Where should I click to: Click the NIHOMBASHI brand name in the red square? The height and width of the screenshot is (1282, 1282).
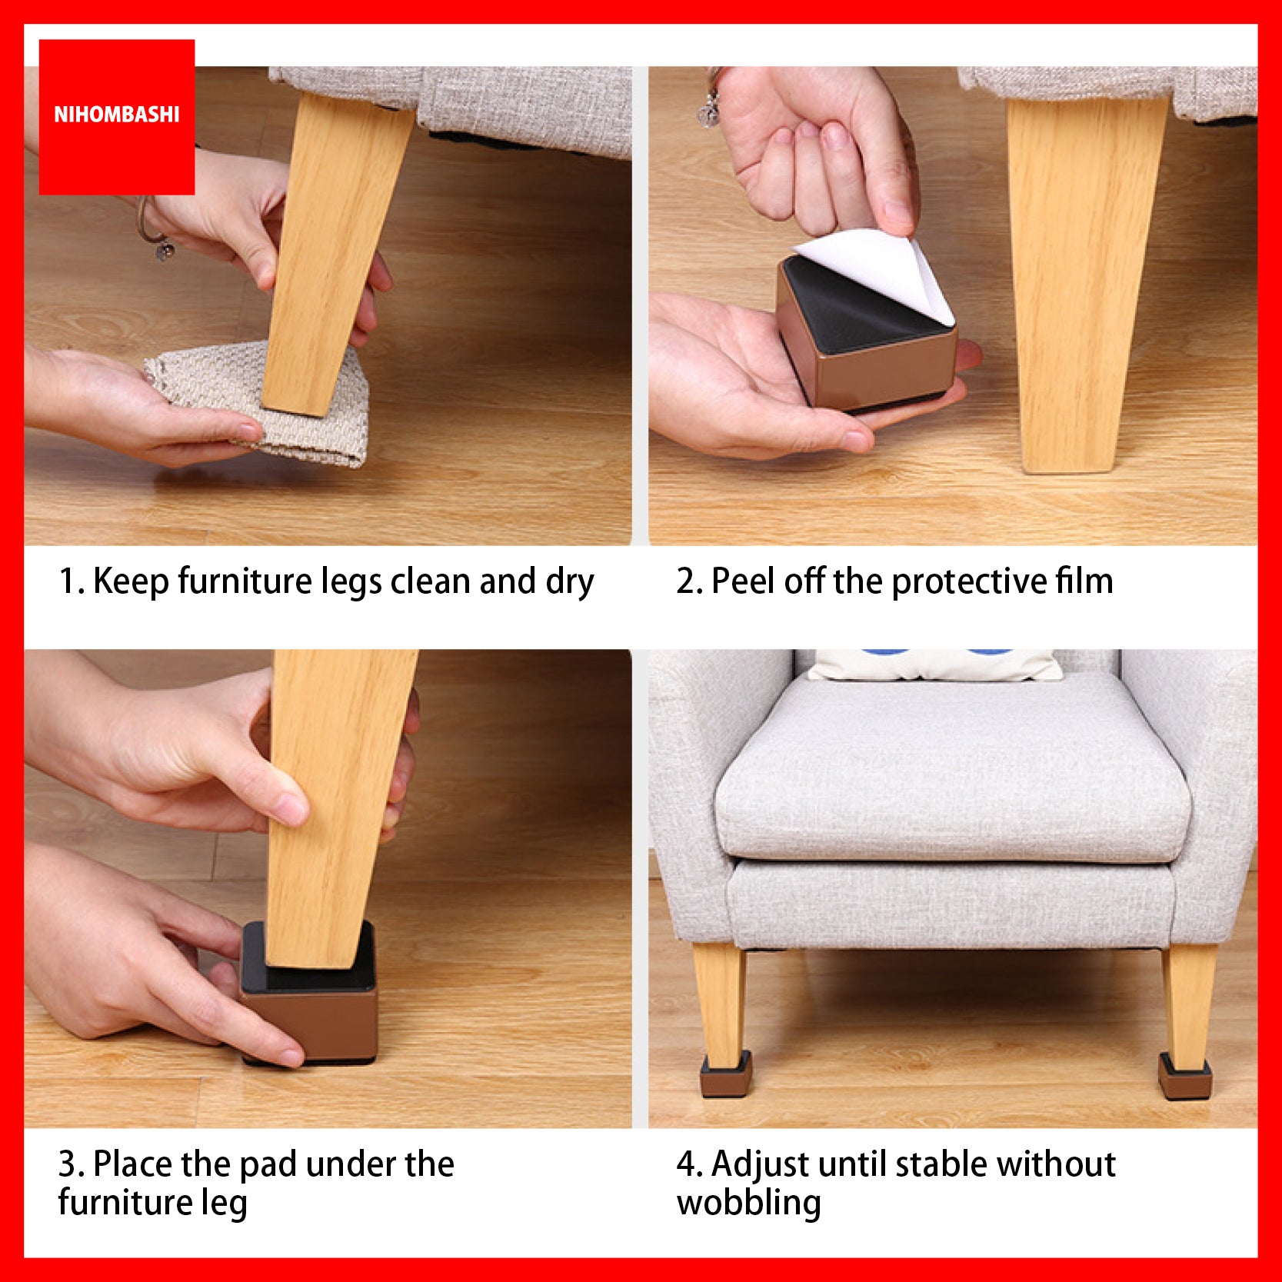coord(116,115)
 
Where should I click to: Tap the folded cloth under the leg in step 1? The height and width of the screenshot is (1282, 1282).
coord(258,404)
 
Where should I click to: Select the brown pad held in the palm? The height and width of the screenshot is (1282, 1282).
coord(865,335)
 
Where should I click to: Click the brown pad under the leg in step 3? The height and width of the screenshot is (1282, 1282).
coord(311,992)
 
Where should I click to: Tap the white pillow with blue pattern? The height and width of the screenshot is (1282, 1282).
coord(934,664)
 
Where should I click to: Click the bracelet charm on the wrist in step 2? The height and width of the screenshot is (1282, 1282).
coord(708,113)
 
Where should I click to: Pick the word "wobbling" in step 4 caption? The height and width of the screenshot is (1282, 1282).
coord(748,1203)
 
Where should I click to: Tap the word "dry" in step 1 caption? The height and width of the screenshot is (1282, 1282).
coord(570,582)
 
